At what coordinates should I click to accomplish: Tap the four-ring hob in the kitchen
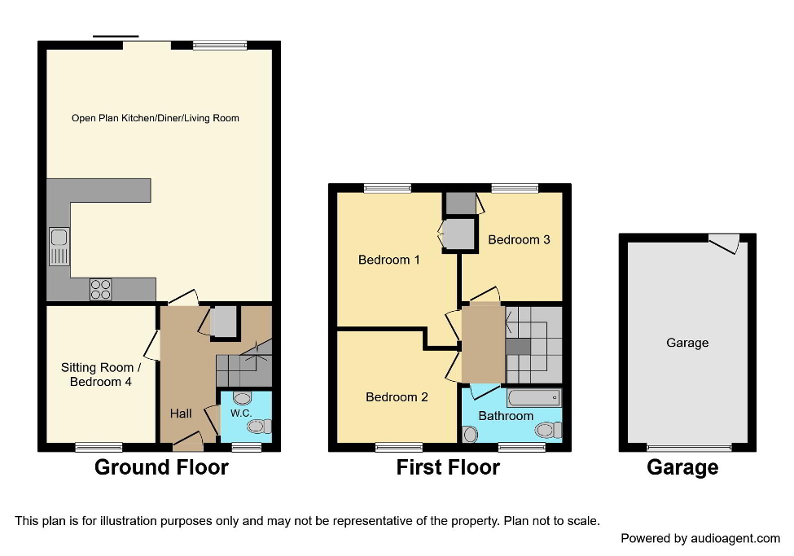click(x=101, y=289)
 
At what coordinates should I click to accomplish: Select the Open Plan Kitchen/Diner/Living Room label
click(x=156, y=118)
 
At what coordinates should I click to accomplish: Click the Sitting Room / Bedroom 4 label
click(x=96, y=374)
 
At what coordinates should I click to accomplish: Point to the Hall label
click(x=181, y=414)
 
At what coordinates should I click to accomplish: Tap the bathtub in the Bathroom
click(x=533, y=398)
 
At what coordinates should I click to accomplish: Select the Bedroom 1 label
click(x=389, y=260)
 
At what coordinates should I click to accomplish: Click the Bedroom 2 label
click(x=397, y=397)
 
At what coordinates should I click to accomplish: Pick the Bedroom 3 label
click(x=519, y=239)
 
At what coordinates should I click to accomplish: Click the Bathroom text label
click(x=506, y=416)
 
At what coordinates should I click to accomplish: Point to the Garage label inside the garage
click(x=687, y=343)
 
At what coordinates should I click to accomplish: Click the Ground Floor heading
click(x=161, y=467)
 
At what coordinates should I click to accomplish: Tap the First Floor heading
click(x=448, y=467)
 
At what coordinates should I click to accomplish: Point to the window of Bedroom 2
click(x=399, y=447)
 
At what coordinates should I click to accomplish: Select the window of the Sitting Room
click(x=99, y=447)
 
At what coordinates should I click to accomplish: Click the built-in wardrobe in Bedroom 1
click(x=457, y=234)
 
